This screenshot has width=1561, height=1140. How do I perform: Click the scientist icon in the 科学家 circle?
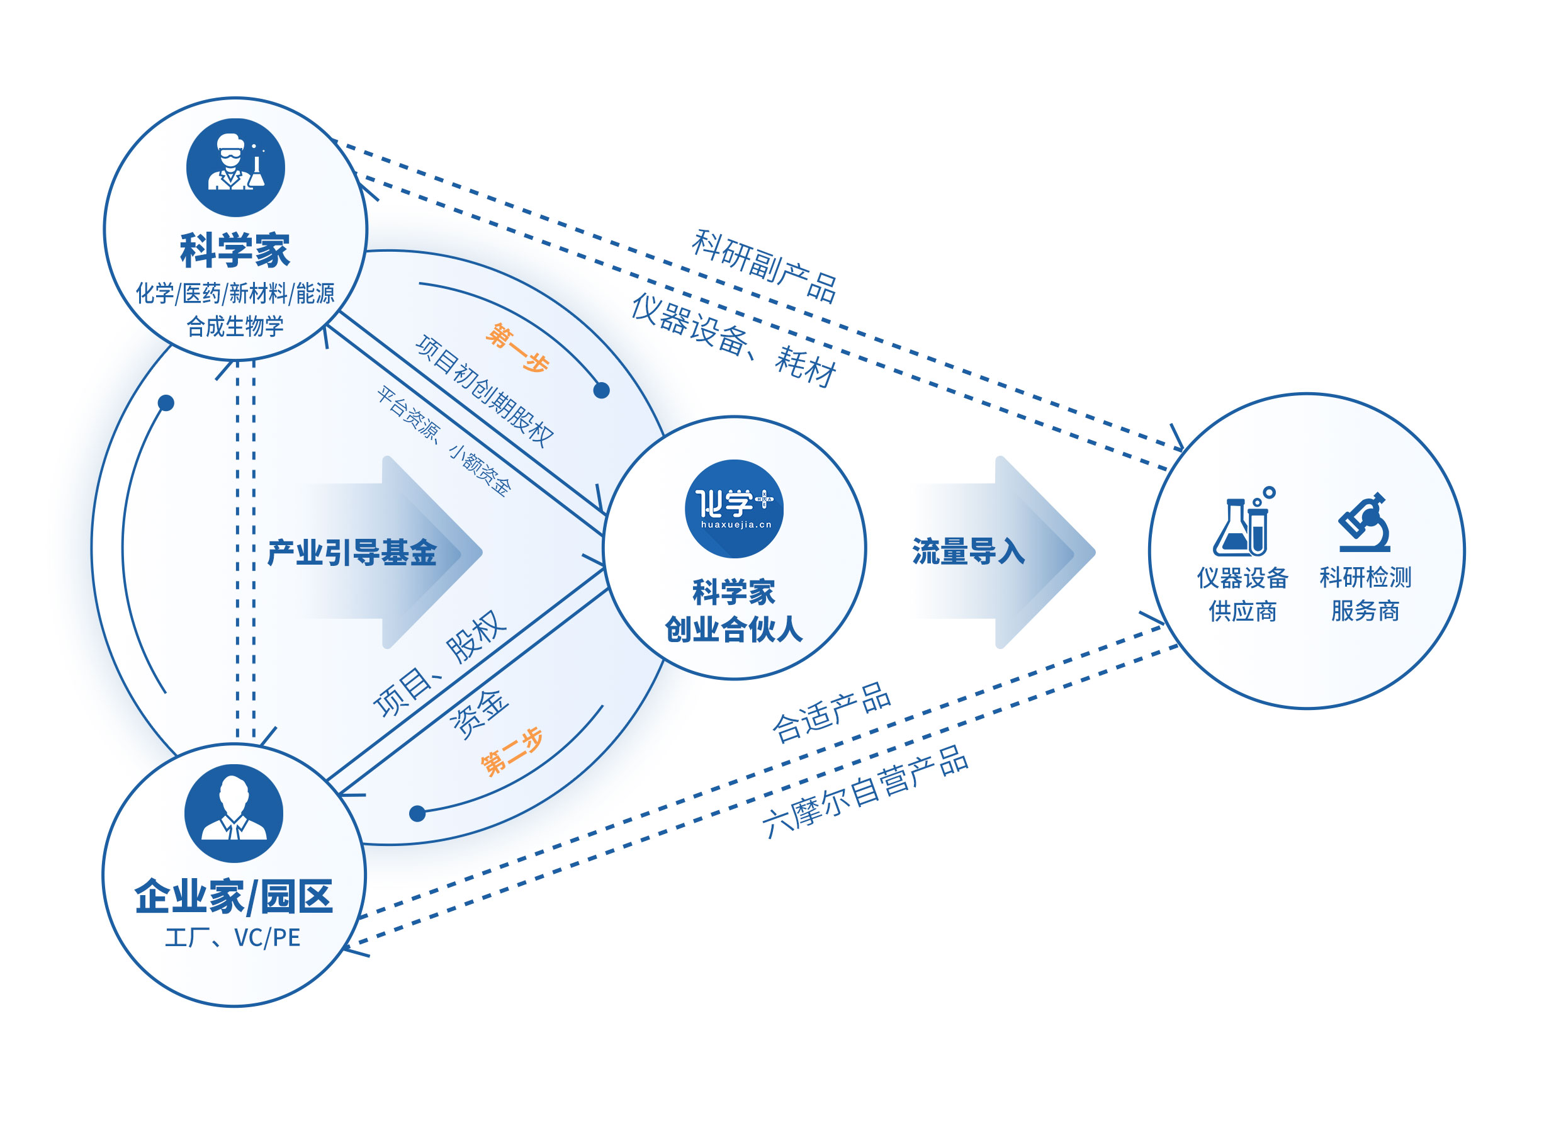(x=235, y=167)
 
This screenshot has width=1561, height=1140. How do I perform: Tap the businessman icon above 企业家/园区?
(x=234, y=813)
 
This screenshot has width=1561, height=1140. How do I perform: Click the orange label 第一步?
(x=517, y=348)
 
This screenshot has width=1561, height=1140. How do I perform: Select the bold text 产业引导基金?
(x=352, y=553)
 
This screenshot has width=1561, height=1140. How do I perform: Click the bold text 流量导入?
(x=968, y=551)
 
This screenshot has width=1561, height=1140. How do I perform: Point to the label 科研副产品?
(x=764, y=266)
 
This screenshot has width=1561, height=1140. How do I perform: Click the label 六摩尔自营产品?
(x=865, y=791)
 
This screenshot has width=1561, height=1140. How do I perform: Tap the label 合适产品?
(x=831, y=712)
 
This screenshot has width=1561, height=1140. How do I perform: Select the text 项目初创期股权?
(x=485, y=390)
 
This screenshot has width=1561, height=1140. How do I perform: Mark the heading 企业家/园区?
(x=234, y=897)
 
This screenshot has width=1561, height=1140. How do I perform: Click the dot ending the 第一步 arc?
(x=601, y=390)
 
